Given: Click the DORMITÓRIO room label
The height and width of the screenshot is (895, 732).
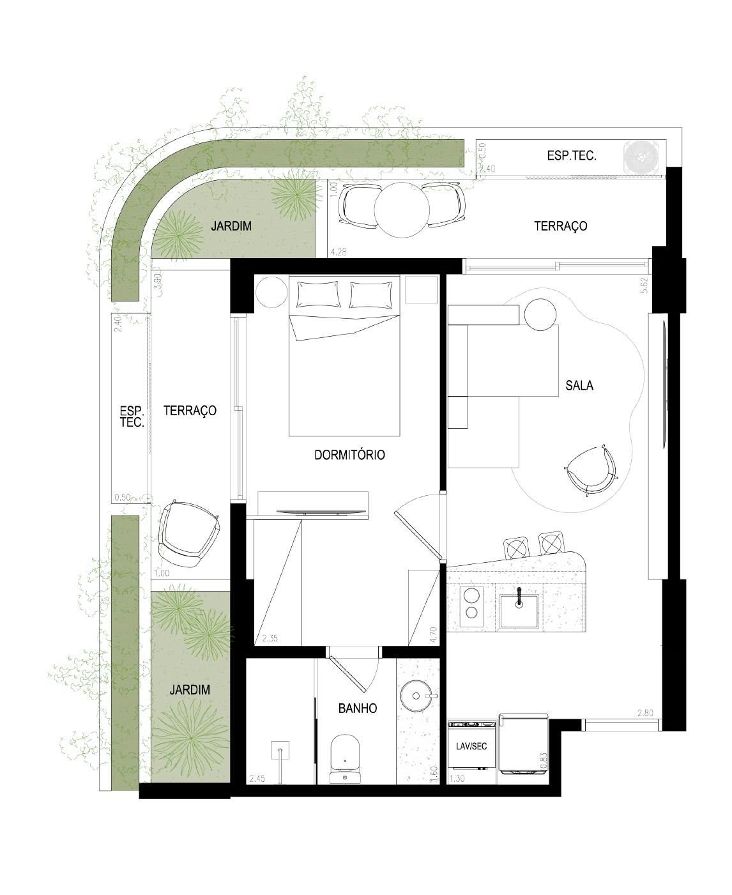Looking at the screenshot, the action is pyautogui.click(x=349, y=455).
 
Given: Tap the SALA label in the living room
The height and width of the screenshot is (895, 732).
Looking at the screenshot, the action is pyautogui.click(x=579, y=385).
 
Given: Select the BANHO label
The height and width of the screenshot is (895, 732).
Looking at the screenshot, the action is pyautogui.click(x=358, y=708).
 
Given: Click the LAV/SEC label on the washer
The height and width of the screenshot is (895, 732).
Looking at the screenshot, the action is pyautogui.click(x=471, y=746).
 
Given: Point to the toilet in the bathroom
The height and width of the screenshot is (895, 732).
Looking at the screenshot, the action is pyautogui.click(x=345, y=759).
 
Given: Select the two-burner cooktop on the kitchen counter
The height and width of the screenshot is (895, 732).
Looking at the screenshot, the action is pyautogui.click(x=471, y=606).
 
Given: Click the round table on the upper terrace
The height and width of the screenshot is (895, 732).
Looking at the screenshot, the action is pyautogui.click(x=401, y=210).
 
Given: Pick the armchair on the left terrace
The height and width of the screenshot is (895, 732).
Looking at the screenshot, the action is pyautogui.click(x=188, y=533).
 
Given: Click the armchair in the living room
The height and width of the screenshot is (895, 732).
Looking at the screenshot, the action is pyautogui.click(x=590, y=470).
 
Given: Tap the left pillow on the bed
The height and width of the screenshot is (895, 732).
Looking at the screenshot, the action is pyautogui.click(x=318, y=294).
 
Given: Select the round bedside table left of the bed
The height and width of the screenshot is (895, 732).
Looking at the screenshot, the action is pyautogui.click(x=271, y=292).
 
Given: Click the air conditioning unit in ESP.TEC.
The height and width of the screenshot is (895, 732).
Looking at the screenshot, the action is pyautogui.click(x=642, y=157).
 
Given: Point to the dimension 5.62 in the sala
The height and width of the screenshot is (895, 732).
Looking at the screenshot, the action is pyautogui.click(x=644, y=285).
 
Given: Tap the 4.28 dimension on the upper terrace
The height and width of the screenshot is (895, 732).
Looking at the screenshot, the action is pyautogui.click(x=338, y=252).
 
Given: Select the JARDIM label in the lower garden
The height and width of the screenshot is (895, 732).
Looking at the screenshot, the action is pyautogui.click(x=190, y=689).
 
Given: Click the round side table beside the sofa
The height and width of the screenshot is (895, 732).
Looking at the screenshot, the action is pyautogui.click(x=540, y=314).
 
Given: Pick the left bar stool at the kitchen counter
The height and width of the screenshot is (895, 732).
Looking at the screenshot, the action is pyautogui.click(x=516, y=547).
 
